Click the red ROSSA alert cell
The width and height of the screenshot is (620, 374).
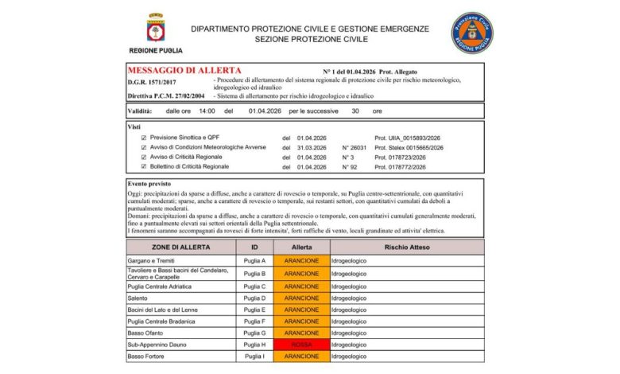[x=301, y=345]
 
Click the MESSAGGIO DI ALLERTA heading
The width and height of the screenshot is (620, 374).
[x=184, y=71]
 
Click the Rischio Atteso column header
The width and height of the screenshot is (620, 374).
[x=407, y=247]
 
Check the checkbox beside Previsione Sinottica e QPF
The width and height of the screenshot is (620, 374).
[x=144, y=138]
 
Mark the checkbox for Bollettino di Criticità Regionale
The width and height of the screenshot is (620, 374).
[x=144, y=166]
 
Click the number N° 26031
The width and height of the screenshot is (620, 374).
[x=355, y=147]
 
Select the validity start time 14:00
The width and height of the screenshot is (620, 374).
[x=207, y=111]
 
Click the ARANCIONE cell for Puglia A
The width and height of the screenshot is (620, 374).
[x=301, y=261]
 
